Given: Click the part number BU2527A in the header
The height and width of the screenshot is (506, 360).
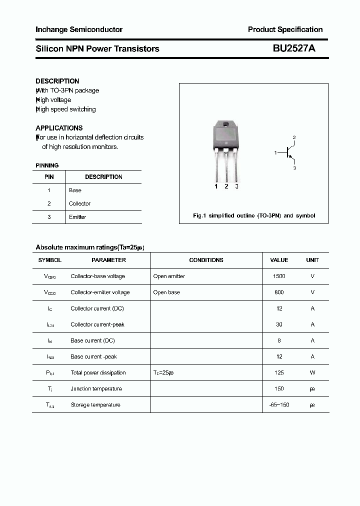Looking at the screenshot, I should click(x=293, y=48).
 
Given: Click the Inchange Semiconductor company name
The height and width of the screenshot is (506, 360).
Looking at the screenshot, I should click(x=79, y=29).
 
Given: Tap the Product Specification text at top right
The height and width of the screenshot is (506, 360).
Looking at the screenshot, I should click(x=285, y=29).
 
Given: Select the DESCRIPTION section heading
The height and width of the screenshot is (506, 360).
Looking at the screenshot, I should click(x=57, y=81).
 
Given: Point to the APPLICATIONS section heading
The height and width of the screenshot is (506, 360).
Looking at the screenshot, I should click(x=59, y=128).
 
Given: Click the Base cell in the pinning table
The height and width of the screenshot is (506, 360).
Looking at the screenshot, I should click(x=75, y=190).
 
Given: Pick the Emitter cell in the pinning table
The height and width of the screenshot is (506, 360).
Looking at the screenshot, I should click(x=77, y=217).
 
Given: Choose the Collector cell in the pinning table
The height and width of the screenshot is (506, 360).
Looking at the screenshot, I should click(x=79, y=204).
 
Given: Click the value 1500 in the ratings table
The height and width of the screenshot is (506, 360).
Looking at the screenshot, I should click(x=279, y=276).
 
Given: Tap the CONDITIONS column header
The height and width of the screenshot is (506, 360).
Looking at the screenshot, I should click(x=206, y=260).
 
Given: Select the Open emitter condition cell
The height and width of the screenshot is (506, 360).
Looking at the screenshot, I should click(x=169, y=276).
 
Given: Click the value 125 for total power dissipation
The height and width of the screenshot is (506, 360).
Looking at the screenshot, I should click(x=279, y=373).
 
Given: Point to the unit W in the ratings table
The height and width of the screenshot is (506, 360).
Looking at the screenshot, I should click(x=312, y=373).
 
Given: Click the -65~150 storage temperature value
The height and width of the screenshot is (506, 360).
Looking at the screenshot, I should click(x=279, y=405).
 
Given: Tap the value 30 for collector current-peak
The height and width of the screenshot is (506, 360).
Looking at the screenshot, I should click(x=279, y=324).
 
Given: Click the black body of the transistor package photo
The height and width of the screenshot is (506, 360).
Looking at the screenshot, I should click(x=226, y=138).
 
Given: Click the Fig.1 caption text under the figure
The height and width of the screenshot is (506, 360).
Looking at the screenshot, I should click(x=254, y=215).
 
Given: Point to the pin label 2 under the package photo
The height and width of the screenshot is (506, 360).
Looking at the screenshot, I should click(x=226, y=186).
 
